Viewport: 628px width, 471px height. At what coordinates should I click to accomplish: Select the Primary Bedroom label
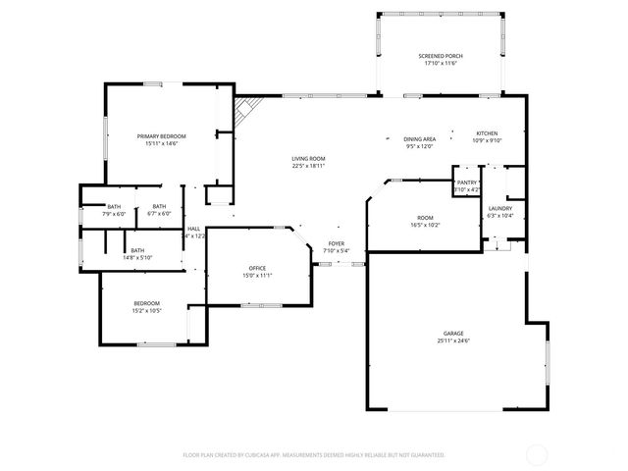click(x=161, y=135)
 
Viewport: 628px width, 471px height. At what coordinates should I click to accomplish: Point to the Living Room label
click(x=308, y=159)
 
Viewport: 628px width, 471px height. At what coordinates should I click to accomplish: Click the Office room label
click(x=257, y=268)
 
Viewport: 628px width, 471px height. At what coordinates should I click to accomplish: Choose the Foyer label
click(x=337, y=242)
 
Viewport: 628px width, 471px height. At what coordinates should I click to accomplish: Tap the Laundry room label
click(x=499, y=209)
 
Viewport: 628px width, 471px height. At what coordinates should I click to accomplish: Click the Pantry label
click(x=466, y=183)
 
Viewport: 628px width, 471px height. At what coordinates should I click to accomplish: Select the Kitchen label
click(x=488, y=133)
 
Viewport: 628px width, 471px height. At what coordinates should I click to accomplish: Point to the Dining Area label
click(x=419, y=139)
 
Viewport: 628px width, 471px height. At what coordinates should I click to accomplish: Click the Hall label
click(x=194, y=229)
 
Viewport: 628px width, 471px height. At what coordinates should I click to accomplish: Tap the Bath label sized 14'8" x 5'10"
click(x=137, y=250)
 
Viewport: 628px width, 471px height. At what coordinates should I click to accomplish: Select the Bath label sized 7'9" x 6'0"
click(x=114, y=206)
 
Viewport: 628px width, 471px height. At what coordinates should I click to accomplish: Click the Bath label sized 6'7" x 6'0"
click(x=159, y=206)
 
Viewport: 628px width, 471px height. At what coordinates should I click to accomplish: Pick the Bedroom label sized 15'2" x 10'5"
click(x=147, y=303)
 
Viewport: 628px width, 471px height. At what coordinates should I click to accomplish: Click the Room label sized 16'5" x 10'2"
click(x=425, y=218)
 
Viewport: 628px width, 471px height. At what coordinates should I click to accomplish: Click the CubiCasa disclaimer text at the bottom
click(x=314, y=455)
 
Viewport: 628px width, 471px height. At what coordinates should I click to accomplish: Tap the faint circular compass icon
click(x=537, y=454)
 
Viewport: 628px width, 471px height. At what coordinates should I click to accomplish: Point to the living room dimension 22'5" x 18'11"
click(x=308, y=166)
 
